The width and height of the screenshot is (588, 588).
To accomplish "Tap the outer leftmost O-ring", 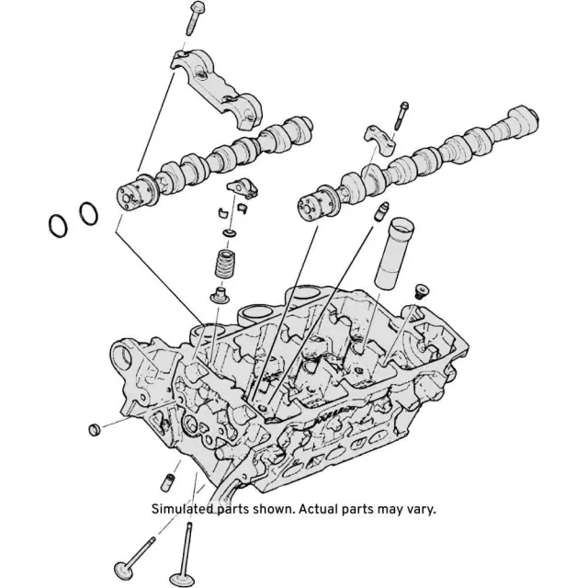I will tap(58, 225).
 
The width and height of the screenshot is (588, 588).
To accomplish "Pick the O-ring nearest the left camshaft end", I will tap(88, 213).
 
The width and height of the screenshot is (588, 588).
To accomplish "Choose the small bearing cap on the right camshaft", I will tap(380, 138).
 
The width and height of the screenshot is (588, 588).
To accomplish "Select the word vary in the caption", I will tap(419, 508).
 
